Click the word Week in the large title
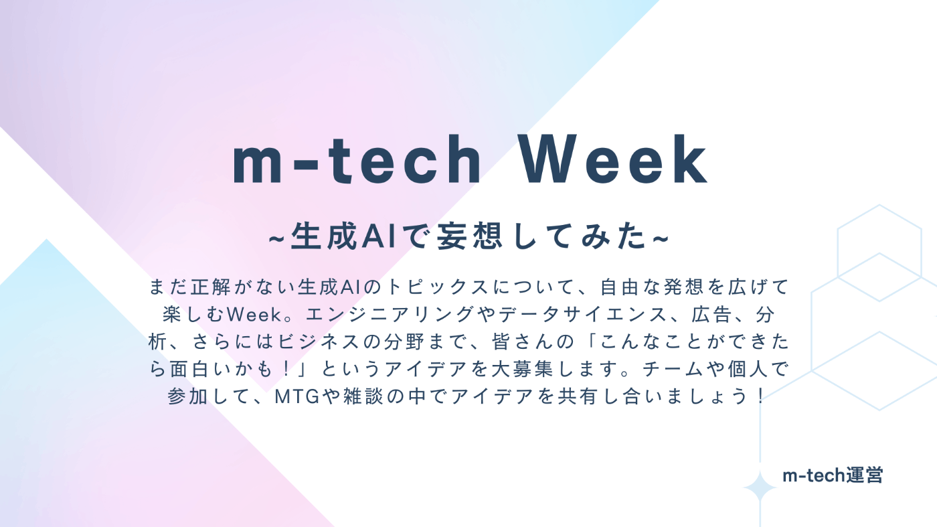click(614, 159)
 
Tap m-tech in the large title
click(357, 159)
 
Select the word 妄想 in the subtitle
click(469, 236)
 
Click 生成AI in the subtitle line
click(344, 236)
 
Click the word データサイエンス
click(584, 315)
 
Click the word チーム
click(673, 370)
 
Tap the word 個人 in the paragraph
click(748, 370)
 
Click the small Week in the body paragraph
click(254, 315)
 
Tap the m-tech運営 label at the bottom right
click(833, 475)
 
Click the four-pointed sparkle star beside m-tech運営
click(760, 487)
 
